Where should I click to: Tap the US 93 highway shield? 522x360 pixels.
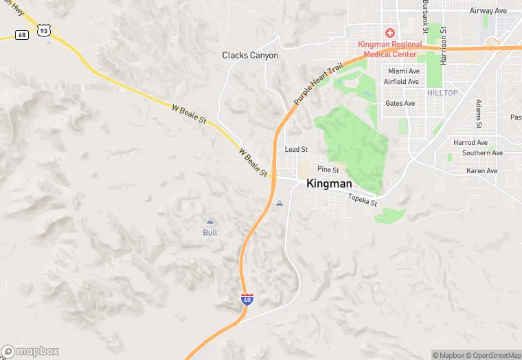pyautogui.click(x=44, y=30)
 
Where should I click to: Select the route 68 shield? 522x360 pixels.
pyautogui.click(x=22, y=34)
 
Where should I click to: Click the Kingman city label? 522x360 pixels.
pyautogui.click(x=329, y=183)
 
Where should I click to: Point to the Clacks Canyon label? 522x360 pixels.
pyautogui.click(x=250, y=55)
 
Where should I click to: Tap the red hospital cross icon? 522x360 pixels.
pyautogui.click(x=389, y=32)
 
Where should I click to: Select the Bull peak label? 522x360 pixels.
pyautogui.click(x=210, y=232)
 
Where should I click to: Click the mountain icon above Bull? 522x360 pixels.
pyautogui.click(x=210, y=221)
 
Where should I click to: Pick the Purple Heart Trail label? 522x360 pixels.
pyautogui.click(x=317, y=83)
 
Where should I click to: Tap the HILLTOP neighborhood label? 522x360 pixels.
pyautogui.click(x=442, y=92)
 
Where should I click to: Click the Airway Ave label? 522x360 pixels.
pyautogui.click(x=487, y=11)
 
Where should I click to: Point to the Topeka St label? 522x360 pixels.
pyautogui.click(x=363, y=201)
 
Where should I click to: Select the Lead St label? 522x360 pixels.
pyautogui.click(x=296, y=149)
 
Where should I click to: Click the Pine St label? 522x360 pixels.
pyautogui.click(x=328, y=169)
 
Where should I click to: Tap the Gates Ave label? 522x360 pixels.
pyautogui.click(x=400, y=103)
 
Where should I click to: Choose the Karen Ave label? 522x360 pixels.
pyautogui.click(x=481, y=170)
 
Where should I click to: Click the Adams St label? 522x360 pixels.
pyautogui.click(x=479, y=114)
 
